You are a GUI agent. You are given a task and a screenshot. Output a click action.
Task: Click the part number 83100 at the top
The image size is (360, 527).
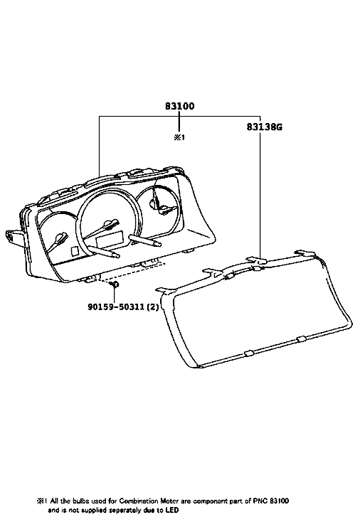click(179, 106)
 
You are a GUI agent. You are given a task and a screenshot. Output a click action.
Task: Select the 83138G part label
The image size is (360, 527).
click(265, 127)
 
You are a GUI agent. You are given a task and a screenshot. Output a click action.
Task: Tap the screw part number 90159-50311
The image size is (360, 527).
click(116, 307)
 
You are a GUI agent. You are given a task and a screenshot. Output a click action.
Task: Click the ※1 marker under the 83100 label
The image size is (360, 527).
click(179, 137)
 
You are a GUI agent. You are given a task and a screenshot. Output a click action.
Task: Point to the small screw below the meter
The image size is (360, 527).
click(115, 284)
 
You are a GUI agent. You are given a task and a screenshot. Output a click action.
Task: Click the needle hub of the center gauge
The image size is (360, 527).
click(108, 223)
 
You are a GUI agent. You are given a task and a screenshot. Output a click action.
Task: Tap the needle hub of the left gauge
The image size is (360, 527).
click(61, 238)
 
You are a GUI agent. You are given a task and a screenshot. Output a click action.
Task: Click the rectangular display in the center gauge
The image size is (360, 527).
click(110, 240)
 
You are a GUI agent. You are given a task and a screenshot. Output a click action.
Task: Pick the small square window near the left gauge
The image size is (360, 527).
click(75, 251)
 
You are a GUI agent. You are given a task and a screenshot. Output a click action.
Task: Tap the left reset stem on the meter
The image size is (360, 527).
click(104, 251)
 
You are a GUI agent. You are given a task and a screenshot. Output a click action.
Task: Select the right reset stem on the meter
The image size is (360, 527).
click(144, 241)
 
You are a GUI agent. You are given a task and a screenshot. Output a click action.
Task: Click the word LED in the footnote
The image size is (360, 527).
click(172, 510)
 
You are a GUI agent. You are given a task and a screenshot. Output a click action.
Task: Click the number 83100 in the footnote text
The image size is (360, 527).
click(280, 501)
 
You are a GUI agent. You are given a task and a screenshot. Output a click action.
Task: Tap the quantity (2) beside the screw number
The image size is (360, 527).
click(152, 307)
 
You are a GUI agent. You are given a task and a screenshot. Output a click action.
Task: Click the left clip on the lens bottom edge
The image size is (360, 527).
click(249, 353)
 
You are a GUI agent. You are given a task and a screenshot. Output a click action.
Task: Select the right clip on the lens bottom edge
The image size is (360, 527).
click(301, 339)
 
